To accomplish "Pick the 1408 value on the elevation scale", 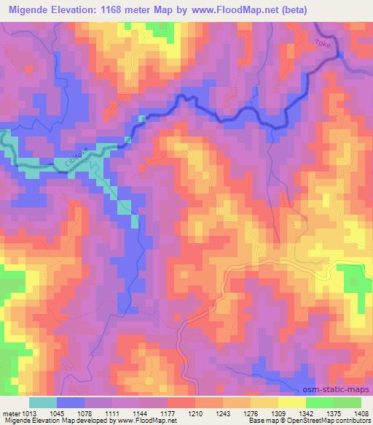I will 361,413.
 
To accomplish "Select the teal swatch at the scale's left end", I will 43,402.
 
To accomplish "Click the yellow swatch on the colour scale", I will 292,402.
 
